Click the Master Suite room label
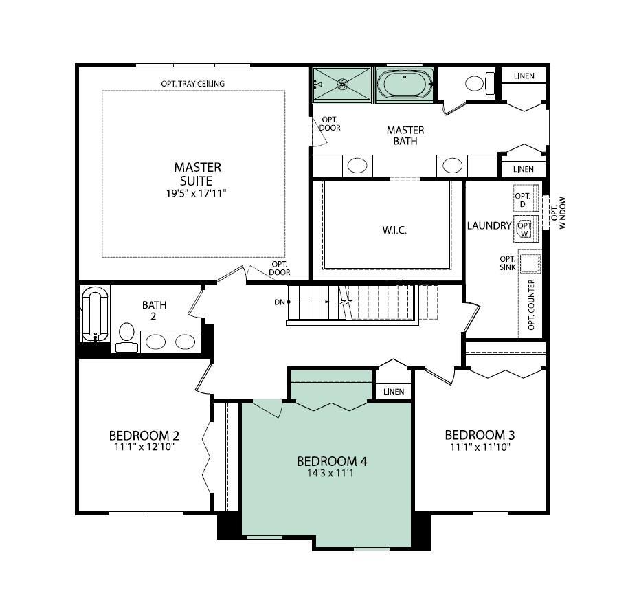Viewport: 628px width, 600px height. pyautogui.click(x=197, y=174)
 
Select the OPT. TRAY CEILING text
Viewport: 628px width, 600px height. pyautogui.click(x=192, y=84)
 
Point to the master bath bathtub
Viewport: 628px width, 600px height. pyautogui.click(x=405, y=85)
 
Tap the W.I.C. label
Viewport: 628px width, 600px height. pyautogui.click(x=394, y=230)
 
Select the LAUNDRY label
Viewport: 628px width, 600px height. pyautogui.click(x=489, y=225)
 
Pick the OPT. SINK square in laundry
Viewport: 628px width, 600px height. pyautogui.click(x=530, y=265)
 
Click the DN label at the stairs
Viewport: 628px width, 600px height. pyautogui.click(x=279, y=302)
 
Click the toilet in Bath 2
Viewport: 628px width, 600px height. pyautogui.click(x=126, y=335)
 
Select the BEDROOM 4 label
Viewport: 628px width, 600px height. pyautogui.click(x=327, y=461)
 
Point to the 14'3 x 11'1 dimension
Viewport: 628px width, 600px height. pyautogui.click(x=327, y=474)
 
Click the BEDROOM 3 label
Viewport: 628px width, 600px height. pyautogui.click(x=480, y=435)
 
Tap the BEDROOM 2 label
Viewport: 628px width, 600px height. pyautogui.click(x=144, y=436)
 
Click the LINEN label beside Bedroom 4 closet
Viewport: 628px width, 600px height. pyautogui.click(x=394, y=392)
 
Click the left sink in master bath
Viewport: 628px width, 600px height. pyautogui.click(x=357, y=166)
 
